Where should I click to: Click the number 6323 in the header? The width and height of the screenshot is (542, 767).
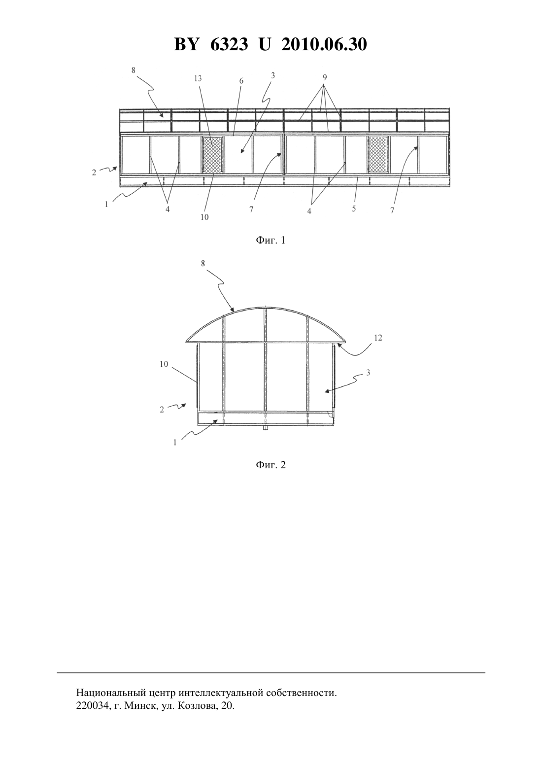tap(229, 44)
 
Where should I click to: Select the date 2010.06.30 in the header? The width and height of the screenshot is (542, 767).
tap(324, 44)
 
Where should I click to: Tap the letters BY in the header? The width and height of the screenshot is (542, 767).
tap(186, 44)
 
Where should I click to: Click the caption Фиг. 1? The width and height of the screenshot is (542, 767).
tap(271, 240)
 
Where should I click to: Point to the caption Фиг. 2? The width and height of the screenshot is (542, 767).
tap(271, 465)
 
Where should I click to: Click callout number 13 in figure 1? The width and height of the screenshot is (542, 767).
tap(198, 78)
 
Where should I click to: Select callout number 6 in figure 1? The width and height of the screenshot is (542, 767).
tap(241, 81)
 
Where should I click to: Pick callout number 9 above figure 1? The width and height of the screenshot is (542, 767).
tap(324, 77)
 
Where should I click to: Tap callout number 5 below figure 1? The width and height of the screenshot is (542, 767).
tap(354, 208)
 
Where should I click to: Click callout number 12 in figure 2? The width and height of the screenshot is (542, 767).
tap(378, 338)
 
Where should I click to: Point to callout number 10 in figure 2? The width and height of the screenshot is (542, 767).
tap(164, 364)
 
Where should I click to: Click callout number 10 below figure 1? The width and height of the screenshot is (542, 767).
tap(204, 217)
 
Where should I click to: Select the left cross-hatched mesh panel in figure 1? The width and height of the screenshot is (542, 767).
tap(212, 155)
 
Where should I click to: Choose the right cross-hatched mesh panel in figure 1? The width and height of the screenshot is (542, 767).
tap(378, 155)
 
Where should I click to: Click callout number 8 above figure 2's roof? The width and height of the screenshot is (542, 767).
tap(203, 263)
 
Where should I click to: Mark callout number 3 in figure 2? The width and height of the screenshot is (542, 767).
tap(368, 373)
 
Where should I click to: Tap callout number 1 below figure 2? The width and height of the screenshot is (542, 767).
tap(175, 442)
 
